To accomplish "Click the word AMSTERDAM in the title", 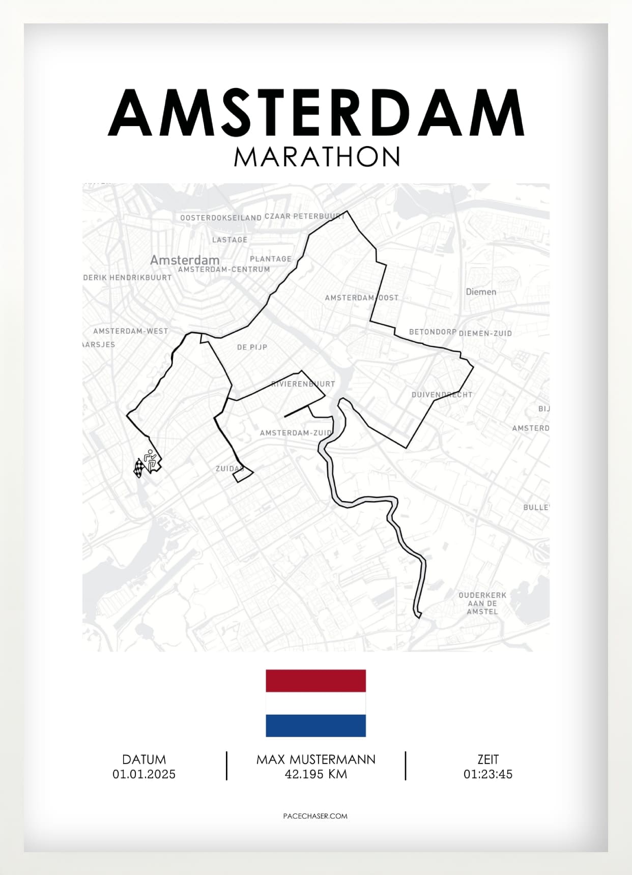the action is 316,113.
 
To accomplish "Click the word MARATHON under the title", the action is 317,157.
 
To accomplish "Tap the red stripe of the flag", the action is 315,681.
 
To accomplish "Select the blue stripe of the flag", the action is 315,725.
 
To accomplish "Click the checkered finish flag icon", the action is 138,468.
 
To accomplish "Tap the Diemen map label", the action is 481,292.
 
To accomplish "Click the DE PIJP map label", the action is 252,347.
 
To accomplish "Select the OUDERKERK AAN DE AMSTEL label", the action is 482,603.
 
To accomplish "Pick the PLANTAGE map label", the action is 271,259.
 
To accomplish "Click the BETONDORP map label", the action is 433,332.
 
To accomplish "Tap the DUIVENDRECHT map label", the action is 442,395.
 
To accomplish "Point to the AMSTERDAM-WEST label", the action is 130,331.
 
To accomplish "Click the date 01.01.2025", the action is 144,774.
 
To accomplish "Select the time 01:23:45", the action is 487,774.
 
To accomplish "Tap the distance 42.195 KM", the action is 315,774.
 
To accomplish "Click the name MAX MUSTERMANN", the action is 315,760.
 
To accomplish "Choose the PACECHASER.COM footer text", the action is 315,816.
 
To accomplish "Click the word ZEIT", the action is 487,760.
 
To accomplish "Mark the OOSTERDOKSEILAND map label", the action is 221,218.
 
